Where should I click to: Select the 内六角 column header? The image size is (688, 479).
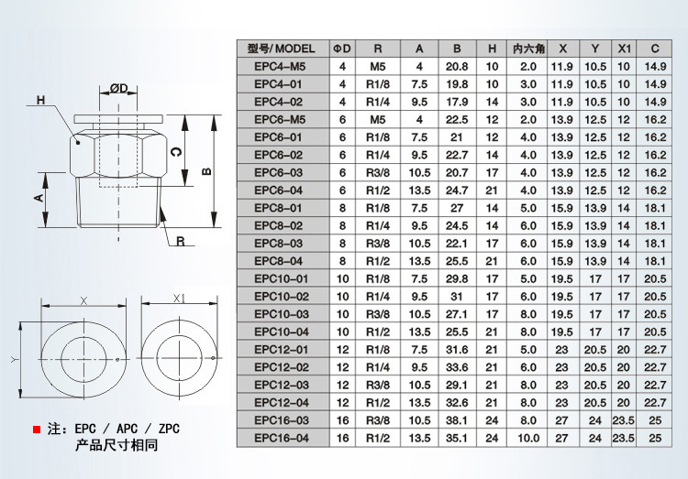tap(527, 49)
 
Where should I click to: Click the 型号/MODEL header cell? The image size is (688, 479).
tap(281, 49)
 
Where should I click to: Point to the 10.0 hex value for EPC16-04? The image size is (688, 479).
tap(527, 439)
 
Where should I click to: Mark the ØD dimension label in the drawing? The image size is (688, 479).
tap(119, 87)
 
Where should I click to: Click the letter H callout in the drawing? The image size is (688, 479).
tap(40, 100)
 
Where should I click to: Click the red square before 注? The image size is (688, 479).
tap(36, 429)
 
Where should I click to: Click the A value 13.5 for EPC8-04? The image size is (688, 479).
tap(419, 261)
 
